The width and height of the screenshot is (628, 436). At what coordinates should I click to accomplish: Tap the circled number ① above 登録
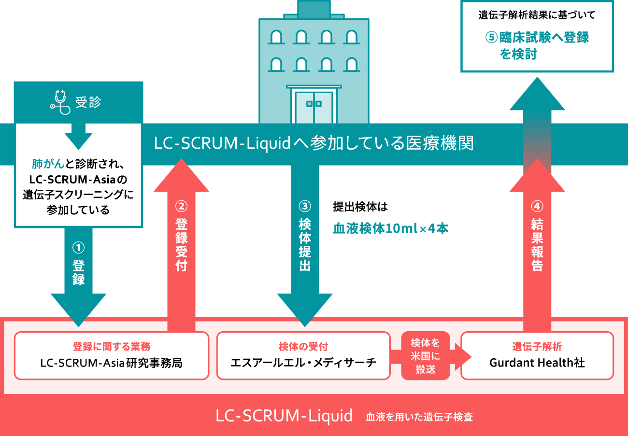click(x=78, y=248)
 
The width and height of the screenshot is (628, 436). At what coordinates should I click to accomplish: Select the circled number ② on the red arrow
click(x=181, y=206)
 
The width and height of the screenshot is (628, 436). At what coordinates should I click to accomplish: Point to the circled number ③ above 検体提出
click(x=305, y=206)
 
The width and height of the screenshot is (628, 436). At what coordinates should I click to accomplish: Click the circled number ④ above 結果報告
click(x=537, y=206)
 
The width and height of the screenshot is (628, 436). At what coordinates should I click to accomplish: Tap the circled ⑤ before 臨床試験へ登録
click(x=491, y=38)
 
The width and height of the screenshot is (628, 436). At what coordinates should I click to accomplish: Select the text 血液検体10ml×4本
click(x=390, y=229)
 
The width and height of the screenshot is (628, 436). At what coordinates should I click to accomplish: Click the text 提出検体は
click(x=360, y=207)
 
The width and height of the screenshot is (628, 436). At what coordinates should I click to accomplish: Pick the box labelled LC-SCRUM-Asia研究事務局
click(x=112, y=355)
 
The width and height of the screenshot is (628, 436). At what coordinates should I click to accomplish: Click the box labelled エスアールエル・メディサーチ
click(x=303, y=355)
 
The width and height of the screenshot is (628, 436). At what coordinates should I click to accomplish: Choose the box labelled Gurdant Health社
click(x=537, y=355)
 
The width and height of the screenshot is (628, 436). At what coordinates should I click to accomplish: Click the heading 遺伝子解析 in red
click(x=537, y=347)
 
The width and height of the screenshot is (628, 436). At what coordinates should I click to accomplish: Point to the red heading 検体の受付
click(x=303, y=347)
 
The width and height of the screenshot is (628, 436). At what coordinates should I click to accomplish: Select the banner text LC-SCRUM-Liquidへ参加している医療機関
click(x=314, y=143)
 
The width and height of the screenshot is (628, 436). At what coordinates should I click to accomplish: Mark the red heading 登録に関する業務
click(x=112, y=347)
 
